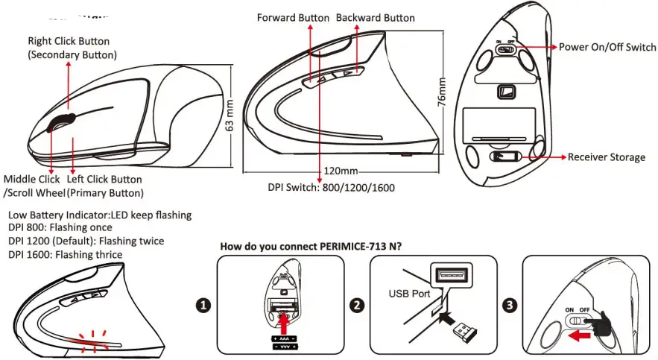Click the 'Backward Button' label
coord(376,17)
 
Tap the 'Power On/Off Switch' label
coord(607,47)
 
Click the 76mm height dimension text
coord(441,91)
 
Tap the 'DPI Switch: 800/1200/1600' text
coord(331,188)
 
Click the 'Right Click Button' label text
coord(69,41)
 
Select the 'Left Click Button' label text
coord(104,179)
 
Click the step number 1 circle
coord(202,305)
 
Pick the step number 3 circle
coord(509,305)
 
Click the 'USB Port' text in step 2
coord(409,294)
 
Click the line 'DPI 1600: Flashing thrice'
coord(66,255)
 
